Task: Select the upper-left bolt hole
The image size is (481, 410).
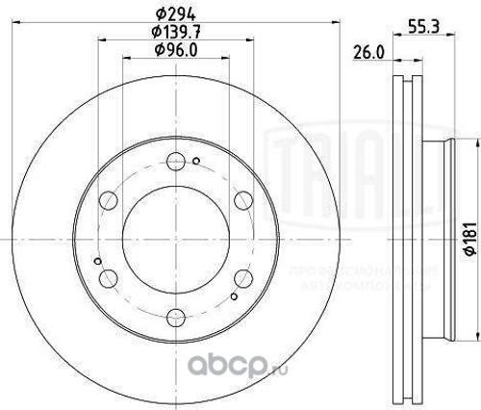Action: tap(109, 200)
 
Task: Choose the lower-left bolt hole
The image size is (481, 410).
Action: tap(109, 276)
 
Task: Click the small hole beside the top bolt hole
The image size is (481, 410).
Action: tap(195, 161)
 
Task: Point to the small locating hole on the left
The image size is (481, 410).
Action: tap(97, 259)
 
